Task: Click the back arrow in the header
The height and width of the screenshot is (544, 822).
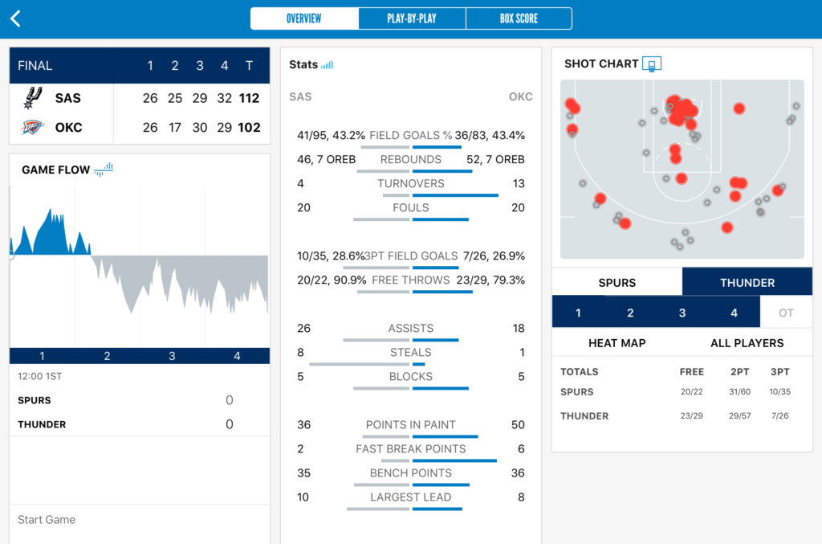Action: coord(15,18)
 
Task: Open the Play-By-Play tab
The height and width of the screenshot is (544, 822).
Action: coord(412,18)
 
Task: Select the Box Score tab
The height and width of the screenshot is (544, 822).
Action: coord(519,18)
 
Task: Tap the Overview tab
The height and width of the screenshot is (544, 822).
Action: coord(304,18)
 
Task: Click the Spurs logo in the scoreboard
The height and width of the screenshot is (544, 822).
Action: coord(32,98)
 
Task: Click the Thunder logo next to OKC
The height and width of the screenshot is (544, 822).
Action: coord(32,127)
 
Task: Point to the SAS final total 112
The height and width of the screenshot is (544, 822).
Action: coord(249,98)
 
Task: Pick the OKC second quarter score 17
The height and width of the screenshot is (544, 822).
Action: coord(175,127)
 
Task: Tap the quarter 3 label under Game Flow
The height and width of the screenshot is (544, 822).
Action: coord(172,356)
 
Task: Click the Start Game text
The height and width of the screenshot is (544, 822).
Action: coord(47,520)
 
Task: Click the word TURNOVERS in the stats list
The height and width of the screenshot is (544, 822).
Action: coord(410,183)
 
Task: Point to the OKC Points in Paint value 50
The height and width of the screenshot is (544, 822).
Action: coord(518,424)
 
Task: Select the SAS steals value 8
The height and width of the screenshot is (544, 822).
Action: coord(301,352)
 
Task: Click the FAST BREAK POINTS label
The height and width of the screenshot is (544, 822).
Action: coord(410,448)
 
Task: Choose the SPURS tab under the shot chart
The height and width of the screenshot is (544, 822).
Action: coord(616,283)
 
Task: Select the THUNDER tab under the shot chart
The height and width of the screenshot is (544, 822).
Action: coord(747,283)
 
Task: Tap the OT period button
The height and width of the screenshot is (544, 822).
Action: coord(786,313)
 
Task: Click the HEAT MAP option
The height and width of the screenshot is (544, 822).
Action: coord(616,343)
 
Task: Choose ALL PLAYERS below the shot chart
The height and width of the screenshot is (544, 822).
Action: coord(747,343)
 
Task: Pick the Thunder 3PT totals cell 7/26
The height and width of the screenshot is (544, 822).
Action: coord(779,416)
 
